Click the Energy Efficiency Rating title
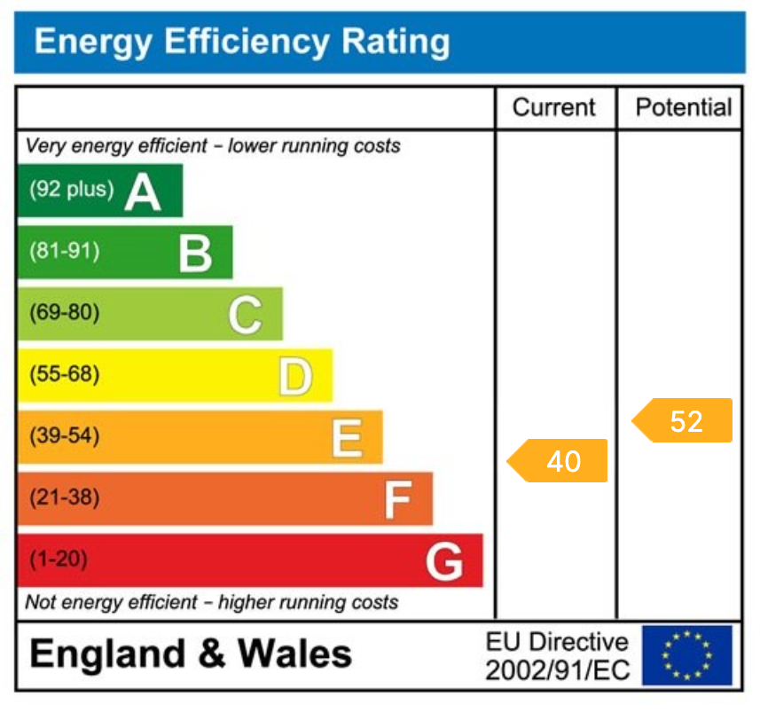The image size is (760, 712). (x=241, y=42)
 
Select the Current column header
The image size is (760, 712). (x=554, y=108)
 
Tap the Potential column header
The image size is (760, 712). (x=683, y=108)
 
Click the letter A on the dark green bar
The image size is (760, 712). (x=143, y=191)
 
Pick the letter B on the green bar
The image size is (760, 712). (x=195, y=253)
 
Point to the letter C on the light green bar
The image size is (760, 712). (x=245, y=314)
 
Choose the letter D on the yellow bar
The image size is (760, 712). (x=295, y=376)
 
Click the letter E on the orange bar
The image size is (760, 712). (x=346, y=438)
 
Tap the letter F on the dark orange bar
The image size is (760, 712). (x=396, y=500)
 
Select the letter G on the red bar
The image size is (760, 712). (x=444, y=561)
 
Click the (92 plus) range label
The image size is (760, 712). (x=72, y=190)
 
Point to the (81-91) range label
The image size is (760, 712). (x=65, y=252)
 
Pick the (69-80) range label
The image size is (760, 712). (x=65, y=313)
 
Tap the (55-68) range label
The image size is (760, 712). (x=65, y=375)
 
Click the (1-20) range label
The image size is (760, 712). (x=59, y=560)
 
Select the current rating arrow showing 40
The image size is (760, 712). (x=559, y=461)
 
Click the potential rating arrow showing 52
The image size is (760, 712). (x=683, y=421)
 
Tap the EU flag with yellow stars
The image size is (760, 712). (x=686, y=656)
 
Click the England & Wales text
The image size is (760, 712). (x=191, y=655)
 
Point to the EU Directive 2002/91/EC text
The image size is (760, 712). (x=557, y=656)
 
